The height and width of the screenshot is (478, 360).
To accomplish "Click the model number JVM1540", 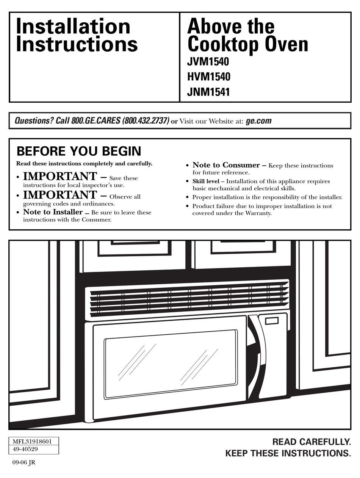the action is point(208,62).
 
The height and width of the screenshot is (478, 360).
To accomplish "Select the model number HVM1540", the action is point(208,77).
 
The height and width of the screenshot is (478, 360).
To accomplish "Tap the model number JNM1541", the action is point(208,92).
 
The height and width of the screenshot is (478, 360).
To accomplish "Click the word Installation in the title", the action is point(73,27).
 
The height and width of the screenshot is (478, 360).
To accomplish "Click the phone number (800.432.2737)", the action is point(146,121).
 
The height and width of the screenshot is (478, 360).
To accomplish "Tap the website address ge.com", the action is point(258,121).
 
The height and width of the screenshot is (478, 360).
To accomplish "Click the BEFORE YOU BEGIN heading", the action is point(79,151).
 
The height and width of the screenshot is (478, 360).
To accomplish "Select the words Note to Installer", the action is point(53,212).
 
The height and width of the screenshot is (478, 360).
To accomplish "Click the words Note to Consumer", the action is point(226,165).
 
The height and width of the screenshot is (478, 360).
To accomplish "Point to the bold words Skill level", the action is point(206,181).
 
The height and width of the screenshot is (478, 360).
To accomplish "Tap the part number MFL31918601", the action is point(32,441).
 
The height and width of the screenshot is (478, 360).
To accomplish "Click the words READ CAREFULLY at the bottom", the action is point(311,442).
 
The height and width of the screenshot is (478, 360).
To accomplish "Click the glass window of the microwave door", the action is point(171,363).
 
